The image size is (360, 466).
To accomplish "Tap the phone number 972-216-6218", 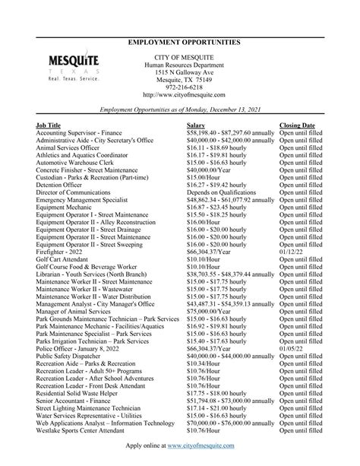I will (180, 87).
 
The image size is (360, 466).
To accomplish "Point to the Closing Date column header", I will (297, 123).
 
